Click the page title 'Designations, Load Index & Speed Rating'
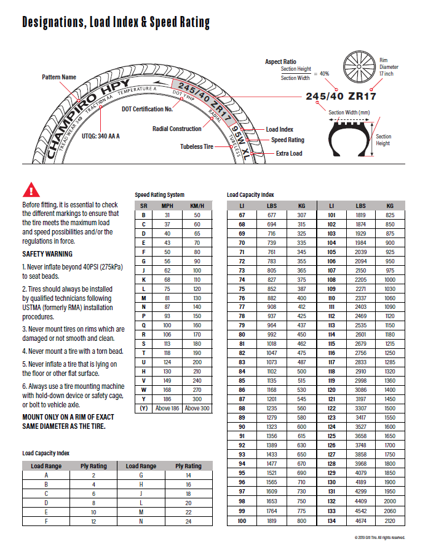(x=116, y=23)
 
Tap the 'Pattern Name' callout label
(x=59, y=78)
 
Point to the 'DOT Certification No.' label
(x=147, y=109)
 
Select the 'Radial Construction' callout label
(x=176, y=129)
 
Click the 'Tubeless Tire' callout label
(x=197, y=146)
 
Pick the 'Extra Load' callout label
(x=289, y=153)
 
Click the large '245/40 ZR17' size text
(x=341, y=97)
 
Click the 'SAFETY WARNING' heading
(x=47, y=254)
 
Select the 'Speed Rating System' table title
(x=159, y=195)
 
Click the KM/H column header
(x=197, y=206)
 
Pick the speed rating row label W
(x=143, y=391)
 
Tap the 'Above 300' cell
(x=197, y=408)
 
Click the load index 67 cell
(x=242, y=215)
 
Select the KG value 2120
(x=390, y=521)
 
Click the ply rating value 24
(x=188, y=521)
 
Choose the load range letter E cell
(x=46, y=512)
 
